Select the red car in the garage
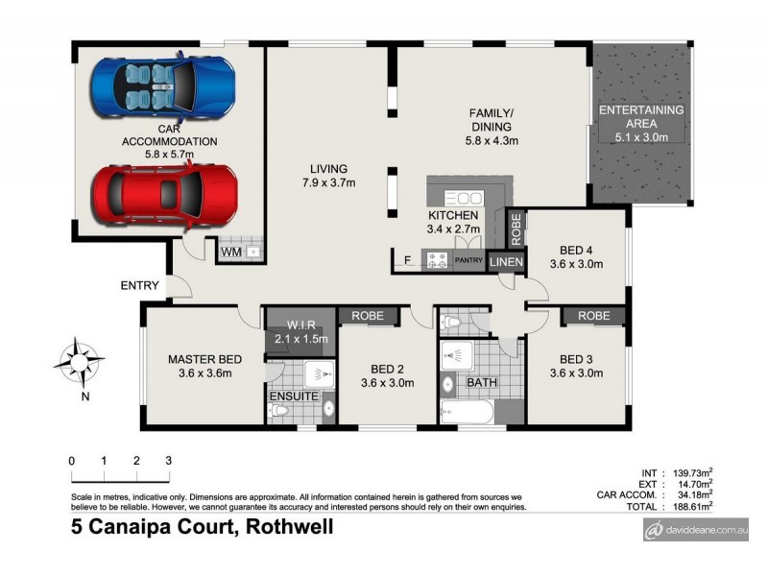(163, 194)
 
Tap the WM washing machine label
(230, 252)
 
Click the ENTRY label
(139, 285)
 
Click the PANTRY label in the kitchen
(469, 259)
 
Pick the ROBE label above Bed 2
(369, 314)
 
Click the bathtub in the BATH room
(467, 412)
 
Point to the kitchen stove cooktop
(438, 259)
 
